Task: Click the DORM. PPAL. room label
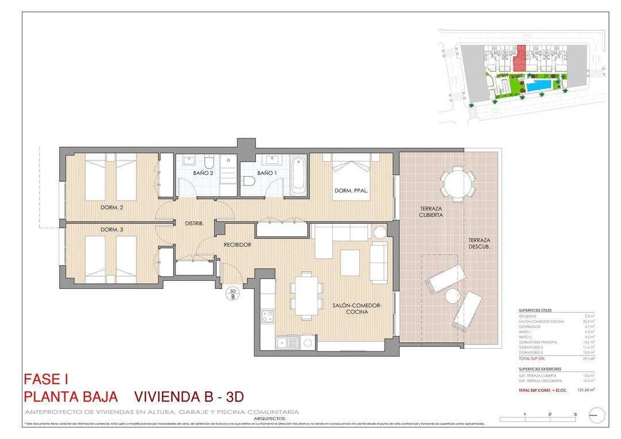(x=351, y=190)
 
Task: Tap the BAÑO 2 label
(x=203, y=173)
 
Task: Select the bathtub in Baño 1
(x=298, y=175)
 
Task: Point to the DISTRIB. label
(x=194, y=223)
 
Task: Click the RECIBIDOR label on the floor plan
(x=237, y=245)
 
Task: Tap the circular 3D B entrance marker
(x=233, y=294)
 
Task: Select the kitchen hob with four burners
(x=267, y=315)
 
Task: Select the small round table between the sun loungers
(x=451, y=296)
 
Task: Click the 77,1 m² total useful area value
(x=588, y=358)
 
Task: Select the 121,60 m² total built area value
(x=585, y=390)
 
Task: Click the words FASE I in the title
(x=46, y=379)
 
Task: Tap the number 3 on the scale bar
(x=574, y=414)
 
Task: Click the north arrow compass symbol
(x=599, y=414)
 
